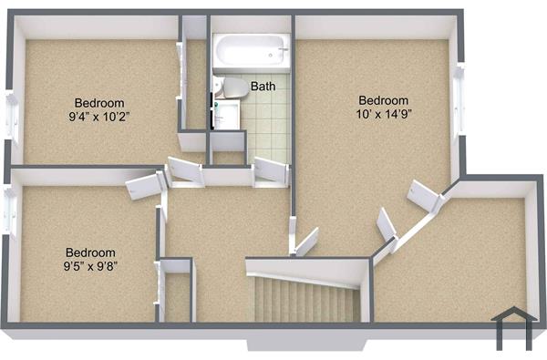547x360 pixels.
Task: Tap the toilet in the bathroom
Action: tap(232, 87)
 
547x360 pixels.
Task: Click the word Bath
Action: tap(263, 87)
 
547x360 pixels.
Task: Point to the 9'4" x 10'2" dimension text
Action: tap(100, 117)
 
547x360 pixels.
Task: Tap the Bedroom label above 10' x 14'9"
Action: tap(384, 100)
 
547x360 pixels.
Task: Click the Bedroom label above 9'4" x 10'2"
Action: tap(100, 103)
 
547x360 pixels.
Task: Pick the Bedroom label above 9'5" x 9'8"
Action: tap(90, 252)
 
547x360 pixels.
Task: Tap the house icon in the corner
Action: tap(510, 327)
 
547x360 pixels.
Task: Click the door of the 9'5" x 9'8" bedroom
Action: tap(143, 188)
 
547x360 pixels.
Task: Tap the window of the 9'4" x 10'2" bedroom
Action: tap(12, 119)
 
